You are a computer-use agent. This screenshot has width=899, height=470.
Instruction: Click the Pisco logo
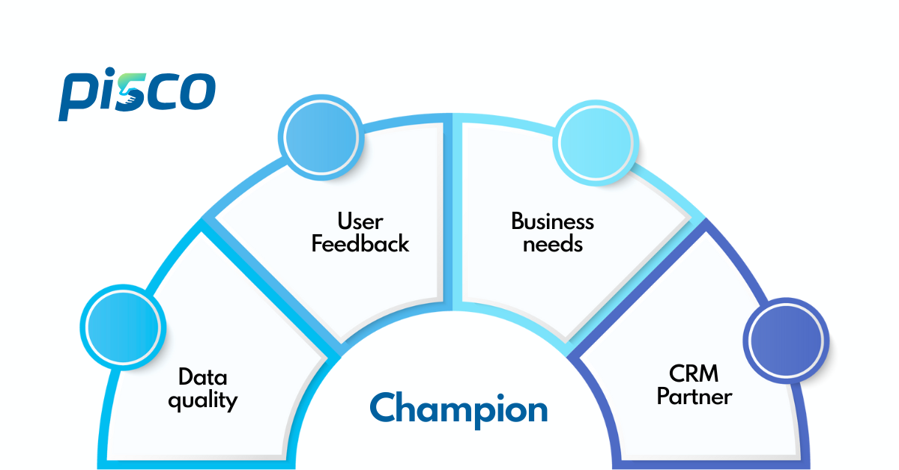click(x=137, y=94)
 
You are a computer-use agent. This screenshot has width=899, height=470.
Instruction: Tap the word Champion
click(x=458, y=409)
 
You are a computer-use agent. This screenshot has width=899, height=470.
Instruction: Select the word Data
click(x=202, y=376)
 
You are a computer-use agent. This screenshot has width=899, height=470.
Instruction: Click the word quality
click(x=202, y=400)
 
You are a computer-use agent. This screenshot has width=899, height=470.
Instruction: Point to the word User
click(x=360, y=222)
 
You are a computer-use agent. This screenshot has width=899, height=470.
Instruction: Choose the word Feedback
click(x=360, y=244)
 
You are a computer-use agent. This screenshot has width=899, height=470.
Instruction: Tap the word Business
click(x=552, y=222)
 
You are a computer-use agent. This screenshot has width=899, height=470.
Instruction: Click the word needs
click(x=552, y=244)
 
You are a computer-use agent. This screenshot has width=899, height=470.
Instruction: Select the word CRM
click(x=694, y=373)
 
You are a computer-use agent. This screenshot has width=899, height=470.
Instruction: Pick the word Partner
click(x=694, y=396)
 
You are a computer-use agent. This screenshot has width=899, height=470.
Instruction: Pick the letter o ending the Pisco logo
click(x=198, y=91)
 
